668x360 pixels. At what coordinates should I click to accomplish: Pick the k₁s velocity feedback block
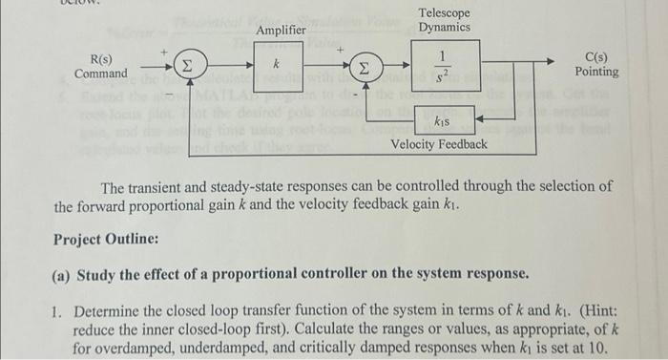[x=442, y=120]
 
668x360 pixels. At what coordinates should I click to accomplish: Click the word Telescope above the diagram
[x=445, y=12]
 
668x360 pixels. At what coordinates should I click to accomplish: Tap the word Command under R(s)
[x=101, y=74]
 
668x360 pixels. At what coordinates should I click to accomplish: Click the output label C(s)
[x=595, y=57]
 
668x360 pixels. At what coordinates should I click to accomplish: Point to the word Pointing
[x=596, y=72]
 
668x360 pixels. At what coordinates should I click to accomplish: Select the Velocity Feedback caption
[x=440, y=144]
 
